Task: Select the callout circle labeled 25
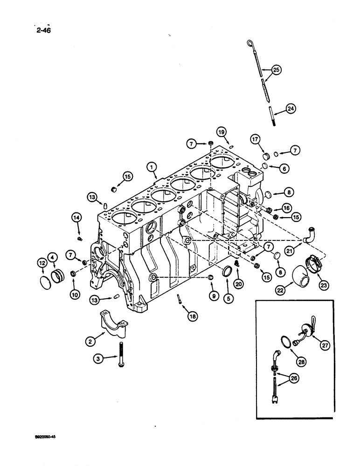click(x=276, y=70)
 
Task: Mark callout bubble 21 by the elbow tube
click(x=289, y=252)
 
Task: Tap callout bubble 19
click(x=222, y=132)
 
